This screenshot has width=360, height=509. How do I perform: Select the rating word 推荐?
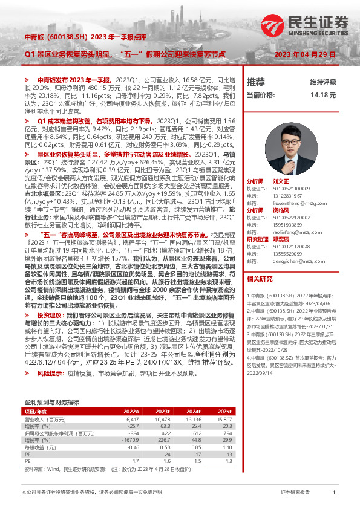(256, 82)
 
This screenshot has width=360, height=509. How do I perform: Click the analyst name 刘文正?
(281, 181)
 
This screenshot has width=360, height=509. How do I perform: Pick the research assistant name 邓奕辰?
(281, 238)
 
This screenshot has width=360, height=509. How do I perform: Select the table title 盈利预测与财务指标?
(51, 385)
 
